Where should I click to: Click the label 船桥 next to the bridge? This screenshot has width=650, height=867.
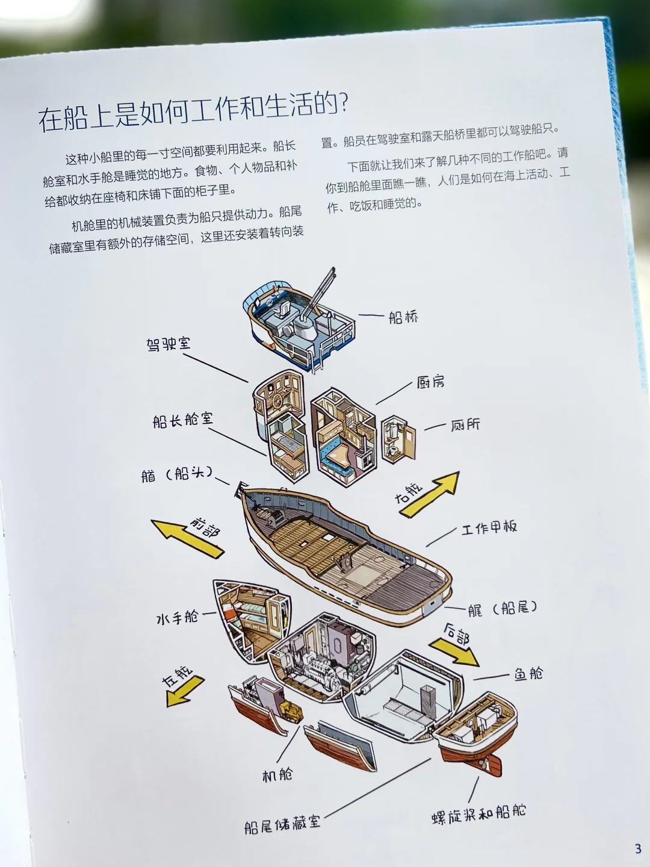click(403, 317)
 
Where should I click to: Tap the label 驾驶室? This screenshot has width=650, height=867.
click(169, 344)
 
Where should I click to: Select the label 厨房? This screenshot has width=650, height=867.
click(430, 382)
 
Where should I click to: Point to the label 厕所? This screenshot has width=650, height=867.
click(465, 424)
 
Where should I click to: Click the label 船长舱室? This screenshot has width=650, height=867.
click(182, 420)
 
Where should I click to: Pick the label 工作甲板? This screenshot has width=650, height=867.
click(489, 528)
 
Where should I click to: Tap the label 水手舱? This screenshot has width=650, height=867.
click(177, 618)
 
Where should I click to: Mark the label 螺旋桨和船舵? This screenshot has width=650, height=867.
click(479, 813)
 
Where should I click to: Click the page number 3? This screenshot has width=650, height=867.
click(638, 849)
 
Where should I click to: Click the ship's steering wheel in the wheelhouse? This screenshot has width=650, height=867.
click(278, 402)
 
